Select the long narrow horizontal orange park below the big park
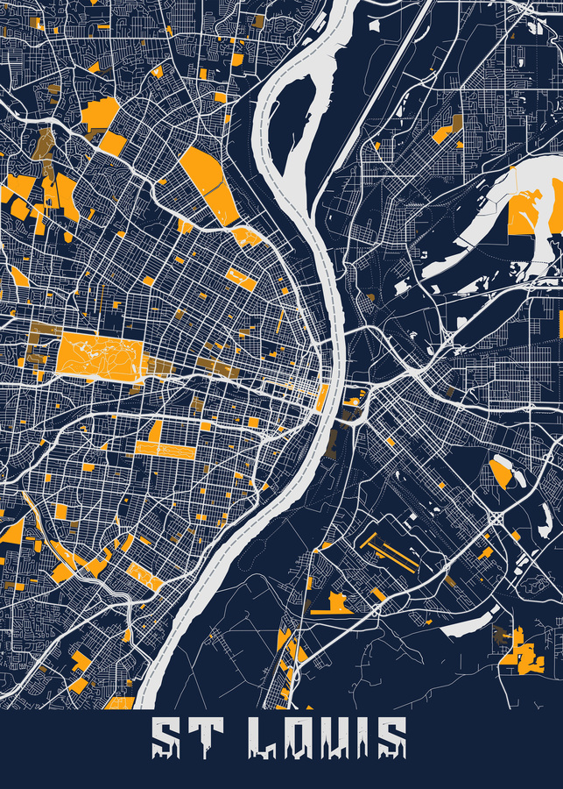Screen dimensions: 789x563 [165, 451]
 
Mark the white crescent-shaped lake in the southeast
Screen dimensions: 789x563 [468, 623]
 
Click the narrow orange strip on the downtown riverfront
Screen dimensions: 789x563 [322, 397]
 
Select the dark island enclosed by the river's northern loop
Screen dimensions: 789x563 [285, 123]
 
